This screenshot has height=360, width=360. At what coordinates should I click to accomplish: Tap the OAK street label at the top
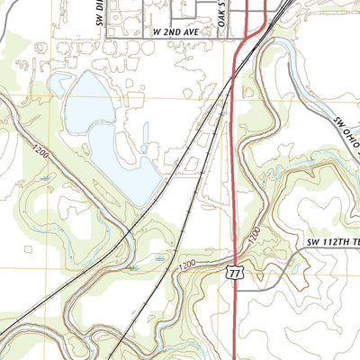tap(221, 13)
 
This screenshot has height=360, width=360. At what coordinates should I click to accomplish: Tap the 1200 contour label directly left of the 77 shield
tap(186, 266)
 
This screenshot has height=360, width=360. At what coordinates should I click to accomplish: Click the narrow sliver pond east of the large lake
tap(144, 135)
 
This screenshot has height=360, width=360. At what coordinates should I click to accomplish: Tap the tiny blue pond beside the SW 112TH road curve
tap(293, 268)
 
